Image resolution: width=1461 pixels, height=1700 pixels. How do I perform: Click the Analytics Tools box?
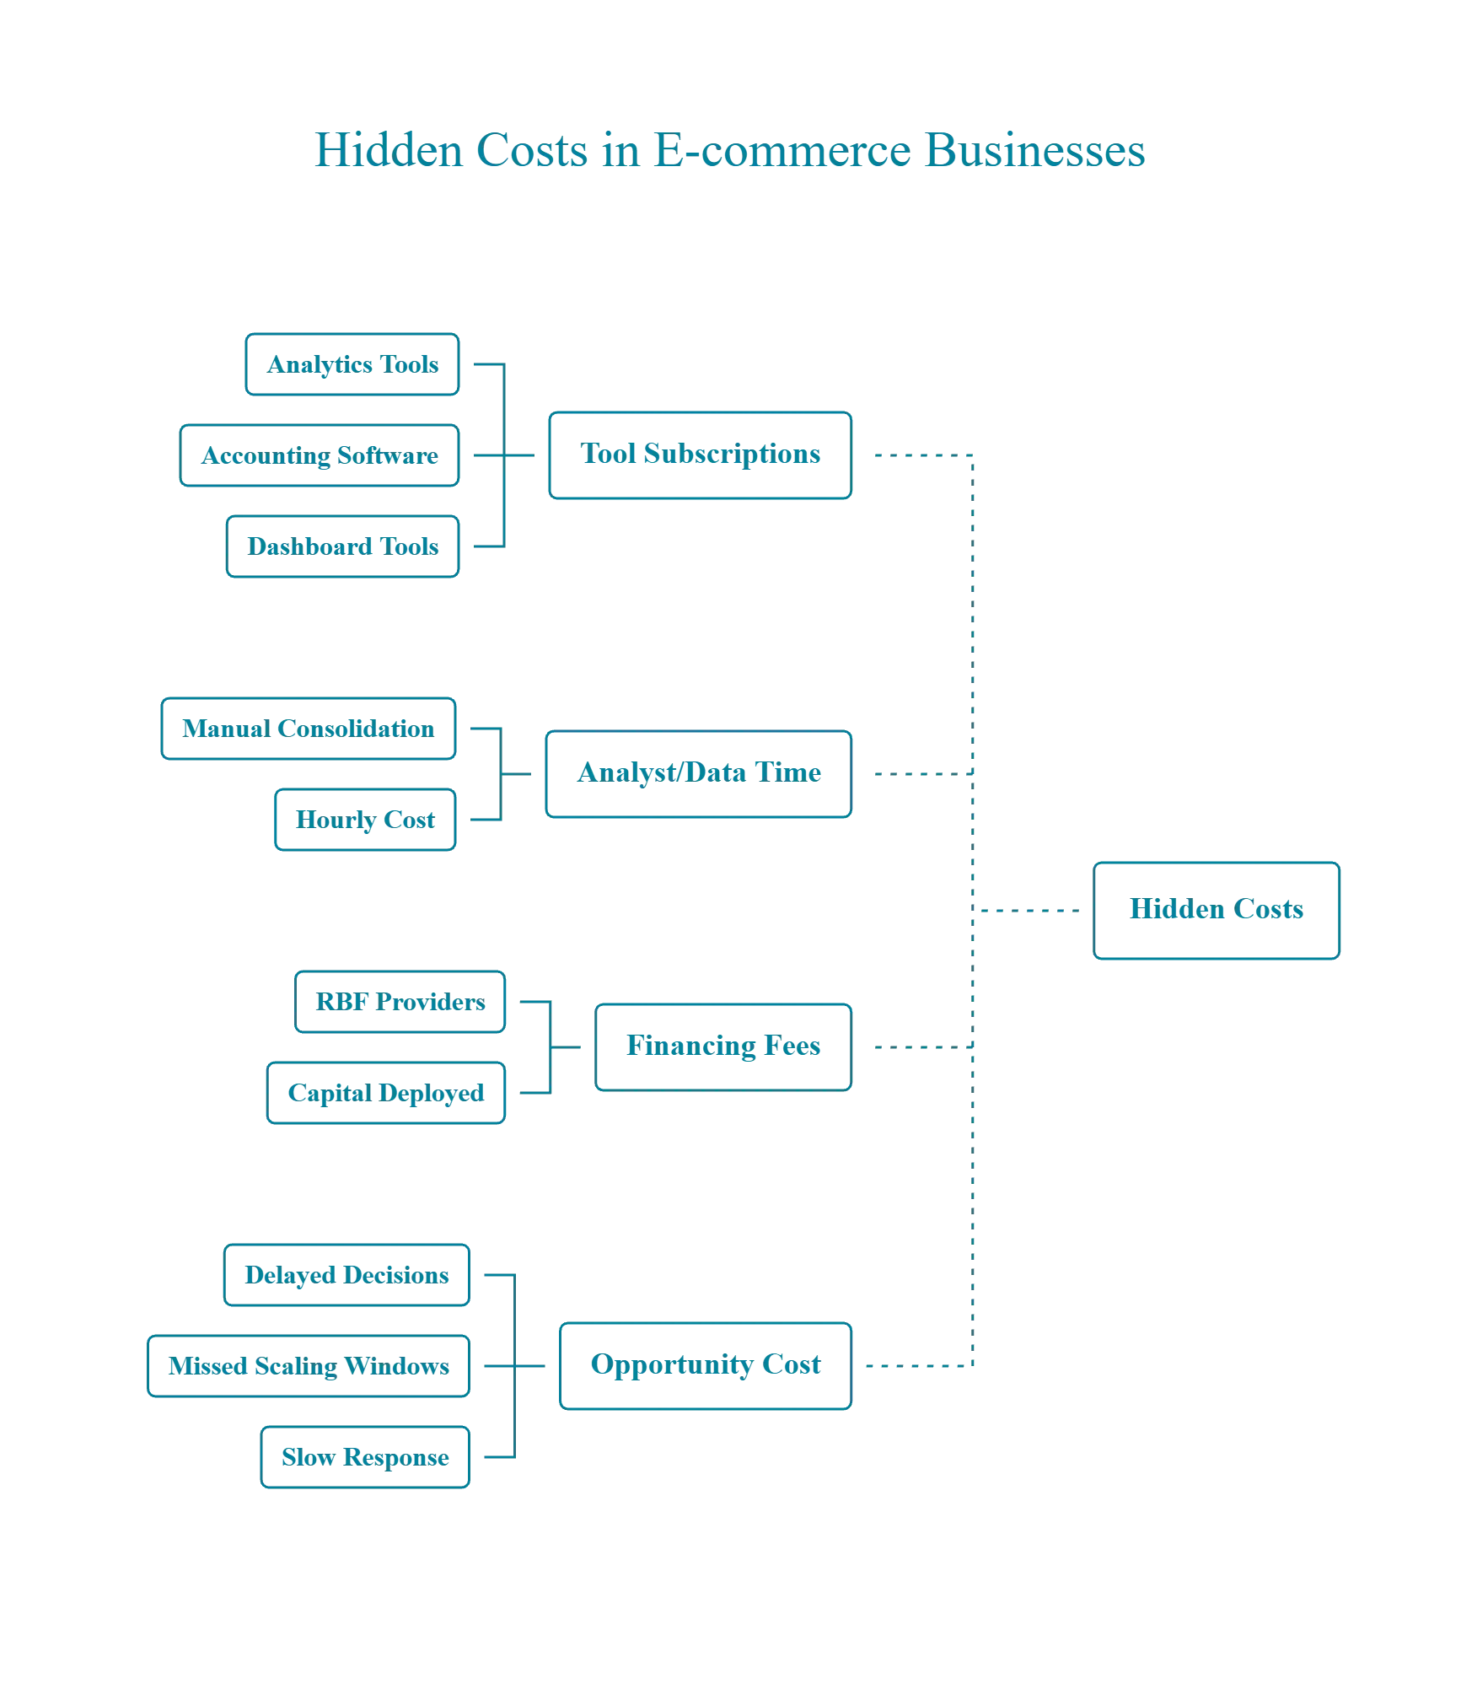352,365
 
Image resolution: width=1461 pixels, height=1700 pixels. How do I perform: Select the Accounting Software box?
320,456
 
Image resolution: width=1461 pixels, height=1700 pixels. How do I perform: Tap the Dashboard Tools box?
341,546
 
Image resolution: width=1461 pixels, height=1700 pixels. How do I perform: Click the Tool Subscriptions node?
701,455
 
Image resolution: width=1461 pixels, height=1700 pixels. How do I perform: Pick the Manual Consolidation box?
309,729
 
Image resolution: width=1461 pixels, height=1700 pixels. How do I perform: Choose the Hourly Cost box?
364,820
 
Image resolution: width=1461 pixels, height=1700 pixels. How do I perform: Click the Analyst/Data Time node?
699,773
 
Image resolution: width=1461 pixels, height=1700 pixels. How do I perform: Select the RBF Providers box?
399,1003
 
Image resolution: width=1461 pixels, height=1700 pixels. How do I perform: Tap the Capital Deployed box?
385,1094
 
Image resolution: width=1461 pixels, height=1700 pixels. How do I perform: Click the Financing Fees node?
723,1047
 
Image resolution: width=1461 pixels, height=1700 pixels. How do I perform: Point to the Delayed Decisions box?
346,1275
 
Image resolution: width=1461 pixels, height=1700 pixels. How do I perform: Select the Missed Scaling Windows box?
309,1366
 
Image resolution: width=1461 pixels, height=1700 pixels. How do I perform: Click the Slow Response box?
364,1457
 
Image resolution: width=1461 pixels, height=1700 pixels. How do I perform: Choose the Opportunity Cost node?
706,1365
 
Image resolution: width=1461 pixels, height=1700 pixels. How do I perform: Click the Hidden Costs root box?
1217,910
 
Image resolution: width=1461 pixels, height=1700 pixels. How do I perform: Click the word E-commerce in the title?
781,151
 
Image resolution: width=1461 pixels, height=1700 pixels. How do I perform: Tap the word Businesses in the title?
1034,151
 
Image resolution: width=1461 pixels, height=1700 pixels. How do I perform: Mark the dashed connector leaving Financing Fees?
919,1048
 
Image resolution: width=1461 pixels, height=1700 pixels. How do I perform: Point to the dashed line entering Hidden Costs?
1029,911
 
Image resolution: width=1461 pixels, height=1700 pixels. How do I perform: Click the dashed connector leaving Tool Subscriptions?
919,455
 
